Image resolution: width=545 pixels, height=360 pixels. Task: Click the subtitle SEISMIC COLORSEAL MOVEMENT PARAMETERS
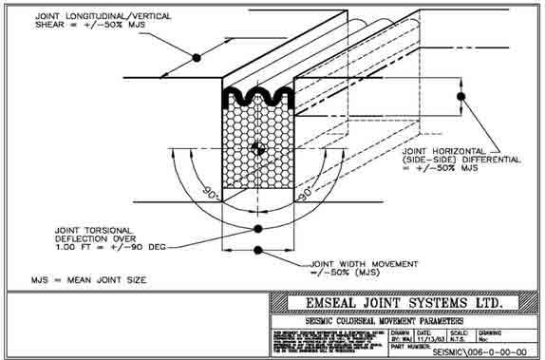click(403, 321)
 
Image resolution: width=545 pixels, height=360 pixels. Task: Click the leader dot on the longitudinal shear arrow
click(197, 58)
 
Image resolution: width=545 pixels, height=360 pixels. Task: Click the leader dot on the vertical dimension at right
click(461, 96)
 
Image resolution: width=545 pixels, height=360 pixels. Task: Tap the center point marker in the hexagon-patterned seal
click(256, 148)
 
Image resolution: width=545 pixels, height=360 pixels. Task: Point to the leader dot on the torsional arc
click(257, 229)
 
